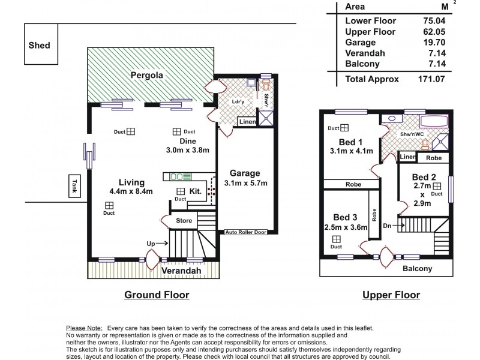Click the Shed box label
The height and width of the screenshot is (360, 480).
39,45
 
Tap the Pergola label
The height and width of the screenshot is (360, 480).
148,76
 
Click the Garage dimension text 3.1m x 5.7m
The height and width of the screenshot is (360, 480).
245,183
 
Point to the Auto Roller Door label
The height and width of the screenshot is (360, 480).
246,231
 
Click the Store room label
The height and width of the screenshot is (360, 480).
184,221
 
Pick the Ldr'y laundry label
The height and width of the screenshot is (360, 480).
238,102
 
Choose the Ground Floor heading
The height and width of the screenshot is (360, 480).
157,295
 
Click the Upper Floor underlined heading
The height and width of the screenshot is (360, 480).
391,295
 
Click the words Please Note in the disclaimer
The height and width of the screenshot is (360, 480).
83,328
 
